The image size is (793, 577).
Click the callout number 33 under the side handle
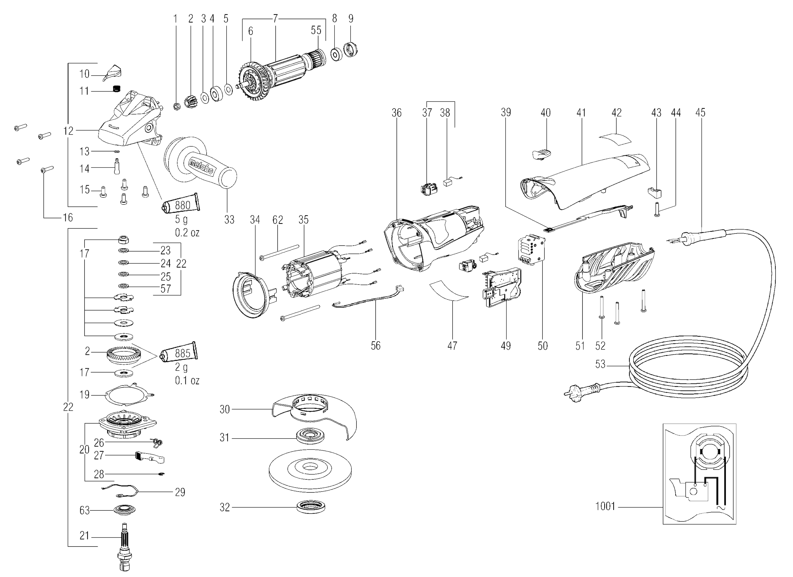(x=229, y=220)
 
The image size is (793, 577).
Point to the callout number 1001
(x=605, y=506)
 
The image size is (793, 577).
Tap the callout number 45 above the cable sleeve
(x=700, y=112)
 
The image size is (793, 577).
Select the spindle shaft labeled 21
(x=124, y=547)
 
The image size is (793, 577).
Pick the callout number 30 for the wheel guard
(x=224, y=409)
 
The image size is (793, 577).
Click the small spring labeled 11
(x=116, y=89)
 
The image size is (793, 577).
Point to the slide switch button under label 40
(x=541, y=154)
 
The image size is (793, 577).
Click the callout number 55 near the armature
(x=316, y=30)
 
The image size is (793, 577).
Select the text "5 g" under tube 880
(x=181, y=220)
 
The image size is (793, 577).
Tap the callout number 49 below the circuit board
(x=506, y=346)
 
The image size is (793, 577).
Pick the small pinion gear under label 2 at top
(x=191, y=101)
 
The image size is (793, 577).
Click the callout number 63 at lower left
(x=85, y=511)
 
